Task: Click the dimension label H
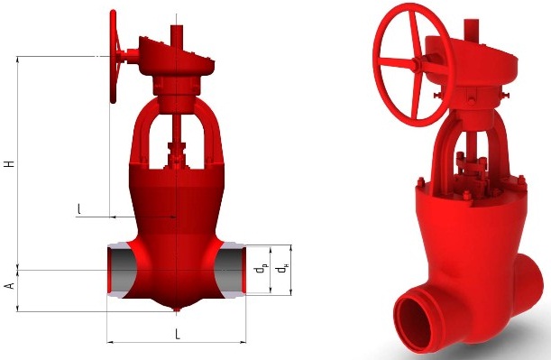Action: pos(10,164)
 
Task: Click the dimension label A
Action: pos(10,285)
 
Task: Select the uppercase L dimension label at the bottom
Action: pos(178,334)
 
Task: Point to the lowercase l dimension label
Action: pos(79,208)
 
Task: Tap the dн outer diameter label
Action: pos(280,270)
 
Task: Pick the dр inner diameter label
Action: pos(261,270)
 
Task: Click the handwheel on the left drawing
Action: pos(114,56)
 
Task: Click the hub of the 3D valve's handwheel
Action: pos(417,64)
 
